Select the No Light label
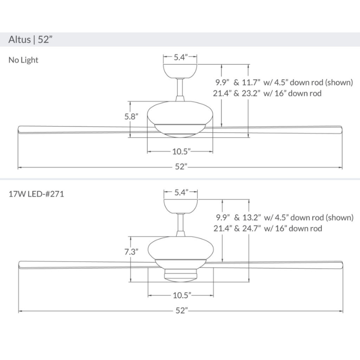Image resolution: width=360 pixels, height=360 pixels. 23,60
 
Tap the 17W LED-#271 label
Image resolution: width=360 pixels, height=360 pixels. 39,195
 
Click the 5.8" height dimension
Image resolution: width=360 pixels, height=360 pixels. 131,117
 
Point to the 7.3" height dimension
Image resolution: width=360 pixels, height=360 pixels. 131,252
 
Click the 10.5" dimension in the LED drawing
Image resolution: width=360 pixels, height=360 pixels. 181,295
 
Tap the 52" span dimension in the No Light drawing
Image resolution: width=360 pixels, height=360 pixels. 181,167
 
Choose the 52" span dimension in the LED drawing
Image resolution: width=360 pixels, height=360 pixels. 181,311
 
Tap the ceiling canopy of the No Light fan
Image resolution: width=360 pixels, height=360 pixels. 180,70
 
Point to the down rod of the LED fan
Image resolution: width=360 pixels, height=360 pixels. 180,223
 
